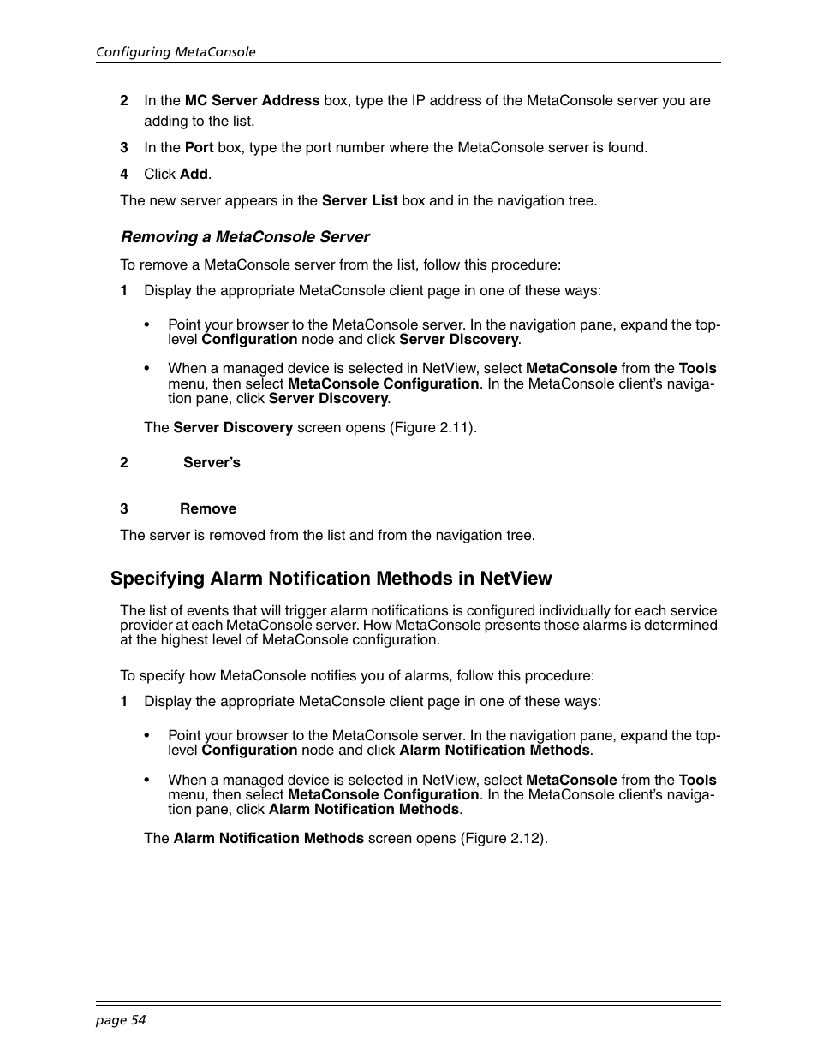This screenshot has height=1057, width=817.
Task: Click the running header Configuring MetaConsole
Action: (176, 52)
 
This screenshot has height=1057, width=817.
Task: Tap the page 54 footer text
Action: (121, 1019)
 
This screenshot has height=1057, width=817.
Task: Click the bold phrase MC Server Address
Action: (252, 100)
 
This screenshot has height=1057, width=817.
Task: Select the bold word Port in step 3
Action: (199, 147)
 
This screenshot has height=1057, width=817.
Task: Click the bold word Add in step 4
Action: (194, 174)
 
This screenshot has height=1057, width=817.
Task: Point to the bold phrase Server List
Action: (359, 200)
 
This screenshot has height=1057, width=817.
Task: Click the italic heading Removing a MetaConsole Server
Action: (245, 237)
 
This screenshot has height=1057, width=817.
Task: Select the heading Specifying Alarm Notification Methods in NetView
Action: (331, 579)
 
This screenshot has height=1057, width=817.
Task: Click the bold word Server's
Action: (212, 462)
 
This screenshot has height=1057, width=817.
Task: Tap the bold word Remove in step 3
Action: (207, 508)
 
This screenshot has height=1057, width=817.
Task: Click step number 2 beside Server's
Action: (124, 462)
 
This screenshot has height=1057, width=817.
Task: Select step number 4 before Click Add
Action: (124, 174)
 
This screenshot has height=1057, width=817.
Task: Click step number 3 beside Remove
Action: (124, 508)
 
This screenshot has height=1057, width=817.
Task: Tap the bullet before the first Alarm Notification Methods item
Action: (147, 735)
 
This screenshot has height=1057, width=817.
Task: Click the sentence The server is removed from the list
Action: (327, 535)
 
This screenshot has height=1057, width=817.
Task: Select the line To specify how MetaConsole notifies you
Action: (356, 675)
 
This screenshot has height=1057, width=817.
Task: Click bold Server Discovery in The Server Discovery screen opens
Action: (233, 427)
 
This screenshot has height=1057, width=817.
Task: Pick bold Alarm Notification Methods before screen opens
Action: (268, 838)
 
